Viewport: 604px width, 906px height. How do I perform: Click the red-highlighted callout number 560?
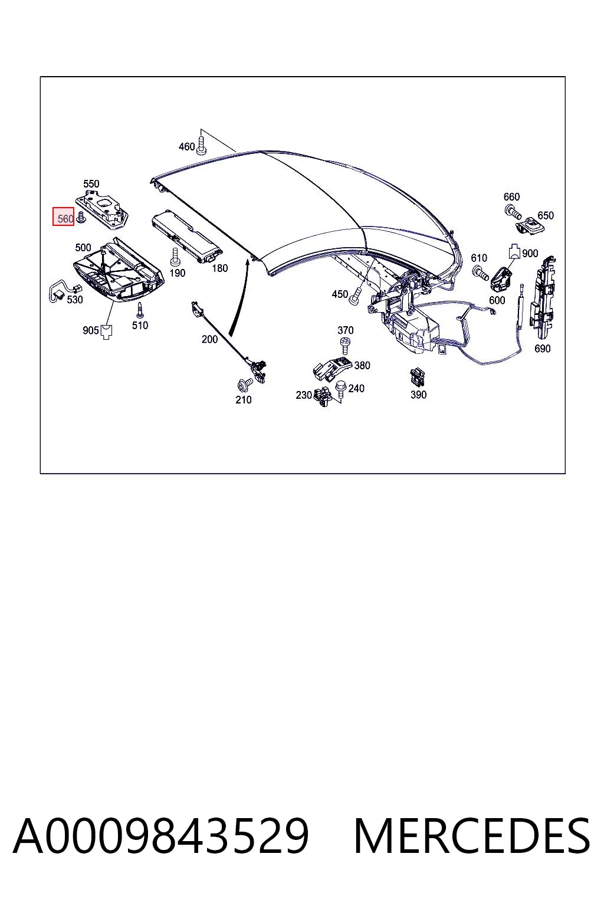pyautogui.click(x=65, y=219)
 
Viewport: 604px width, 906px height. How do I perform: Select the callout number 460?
pyautogui.click(x=186, y=146)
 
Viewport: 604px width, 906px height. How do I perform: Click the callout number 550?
pyautogui.click(x=91, y=183)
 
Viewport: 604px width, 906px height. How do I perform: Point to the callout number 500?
pyautogui.click(x=83, y=247)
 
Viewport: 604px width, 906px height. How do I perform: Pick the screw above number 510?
pyautogui.click(x=140, y=310)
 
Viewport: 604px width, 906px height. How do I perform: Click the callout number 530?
pyautogui.click(x=75, y=299)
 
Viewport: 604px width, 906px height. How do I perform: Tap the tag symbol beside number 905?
pyautogui.click(x=106, y=332)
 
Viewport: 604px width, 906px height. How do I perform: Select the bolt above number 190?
pyautogui.click(x=175, y=257)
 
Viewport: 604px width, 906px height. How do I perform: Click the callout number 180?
pyautogui.click(x=219, y=268)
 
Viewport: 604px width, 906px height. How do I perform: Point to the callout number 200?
pyautogui.click(x=209, y=339)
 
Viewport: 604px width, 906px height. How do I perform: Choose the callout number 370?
pyautogui.click(x=346, y=330)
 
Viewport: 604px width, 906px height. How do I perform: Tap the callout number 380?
pyautogui.click(x=362, y=365)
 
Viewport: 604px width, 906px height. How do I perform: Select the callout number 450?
pyautogui.click(x=340, y=294)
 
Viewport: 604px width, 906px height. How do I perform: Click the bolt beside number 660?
pyautogui.click(x=513, y=212)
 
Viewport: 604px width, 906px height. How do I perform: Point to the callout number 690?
pyautogui.click(x=543, y=348)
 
